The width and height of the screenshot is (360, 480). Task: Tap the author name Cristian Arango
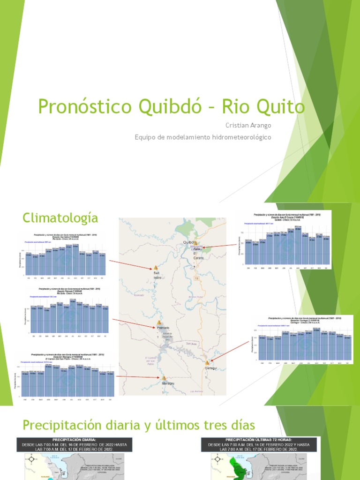pos(248,125)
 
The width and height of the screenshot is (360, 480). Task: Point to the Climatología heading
pos(60,217)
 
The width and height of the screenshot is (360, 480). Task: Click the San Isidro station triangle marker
pos(156,268)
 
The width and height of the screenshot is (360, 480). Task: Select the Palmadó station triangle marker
pos(159,322)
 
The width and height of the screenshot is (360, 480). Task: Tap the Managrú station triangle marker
pos(164,378)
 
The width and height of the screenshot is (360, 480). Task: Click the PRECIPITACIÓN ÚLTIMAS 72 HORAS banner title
pos(260,440)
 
